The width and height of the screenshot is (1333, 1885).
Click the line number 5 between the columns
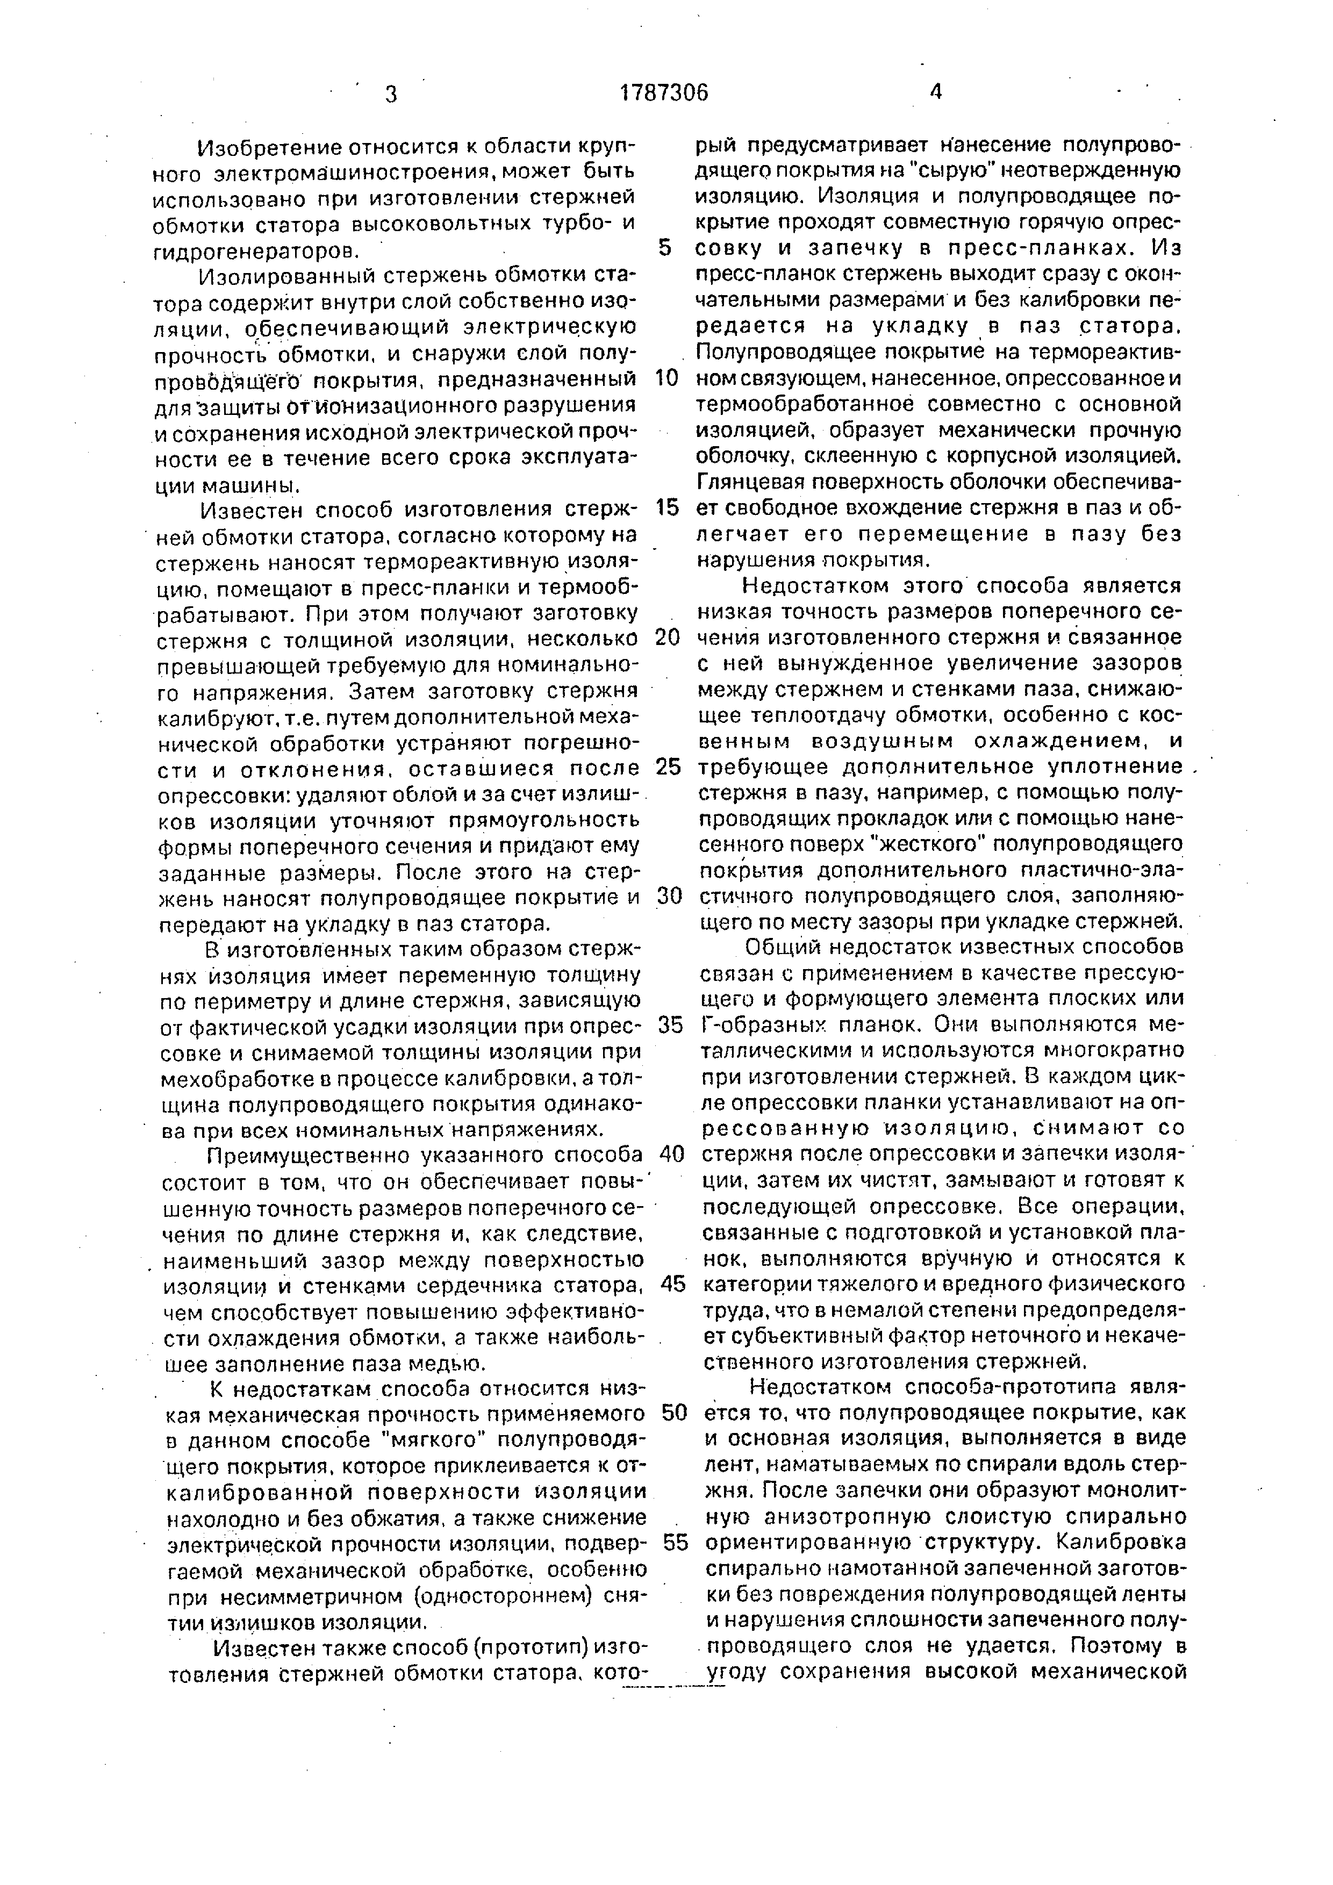tap(665, 248)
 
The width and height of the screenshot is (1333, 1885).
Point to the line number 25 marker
tap(669, 767)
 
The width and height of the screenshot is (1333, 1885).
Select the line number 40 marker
tap(671, 1155)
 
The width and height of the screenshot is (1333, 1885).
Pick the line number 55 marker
tap(675, 1543)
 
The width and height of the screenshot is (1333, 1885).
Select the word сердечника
tap(511, 1284)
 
